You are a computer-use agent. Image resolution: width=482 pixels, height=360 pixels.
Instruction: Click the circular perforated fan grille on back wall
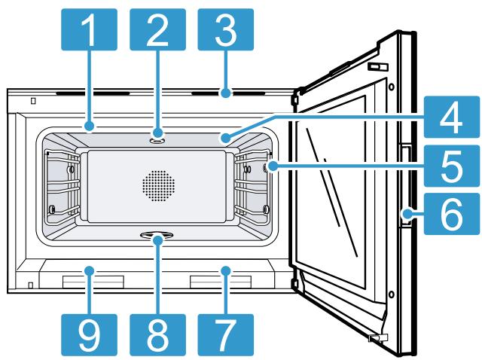[x=157, y=183]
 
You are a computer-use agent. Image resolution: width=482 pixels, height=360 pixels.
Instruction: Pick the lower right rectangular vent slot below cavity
[x=220, y=282]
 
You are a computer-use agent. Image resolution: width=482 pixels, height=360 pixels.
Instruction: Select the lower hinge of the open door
[x=293, y=283]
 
